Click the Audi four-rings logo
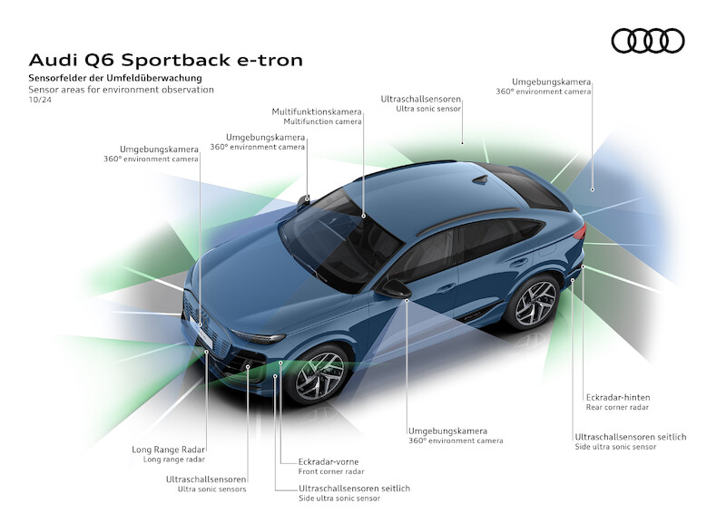pyautogui.click(x=647, y=41)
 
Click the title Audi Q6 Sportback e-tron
pyautogui.click(x=166, y=61)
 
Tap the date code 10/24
pyautogui.click(x=40, y=101)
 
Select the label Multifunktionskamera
pyautogui.click(x=317, y=111)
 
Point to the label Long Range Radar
pyautogui.click(x=169, y=450)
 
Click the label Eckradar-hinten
pyautogui.click(x=618, y=397)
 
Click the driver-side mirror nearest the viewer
pyautogui.click(x=396, y=289)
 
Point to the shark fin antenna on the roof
pyautogui.click(x=479, y=179)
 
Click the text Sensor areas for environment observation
pyautogui.click(x=121, y=90)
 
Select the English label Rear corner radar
pyautogui.click(x=618, y=408)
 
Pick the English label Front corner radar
pyautogui.click(x=331, y=471)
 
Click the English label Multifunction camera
pyautogui.click(x=322, y=122)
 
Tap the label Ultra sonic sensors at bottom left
pyautogui.click(x=211, y=489)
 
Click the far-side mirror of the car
pyautogui.click(x=304, y=200)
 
